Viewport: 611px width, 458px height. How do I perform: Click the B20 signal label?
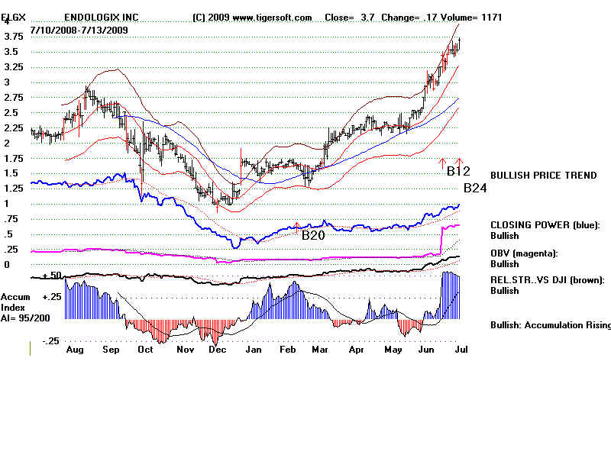314,235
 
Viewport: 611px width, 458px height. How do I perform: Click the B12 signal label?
458,170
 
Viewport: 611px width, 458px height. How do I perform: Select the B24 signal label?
475,188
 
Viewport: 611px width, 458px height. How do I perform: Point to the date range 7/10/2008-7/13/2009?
79,30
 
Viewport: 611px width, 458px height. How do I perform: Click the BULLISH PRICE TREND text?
543,176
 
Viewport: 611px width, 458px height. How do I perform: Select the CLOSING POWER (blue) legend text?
545,225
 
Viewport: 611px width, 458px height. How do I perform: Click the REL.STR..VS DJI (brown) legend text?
547,280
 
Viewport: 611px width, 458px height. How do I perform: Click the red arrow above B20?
297,226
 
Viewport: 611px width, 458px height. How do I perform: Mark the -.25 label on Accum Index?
51,341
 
